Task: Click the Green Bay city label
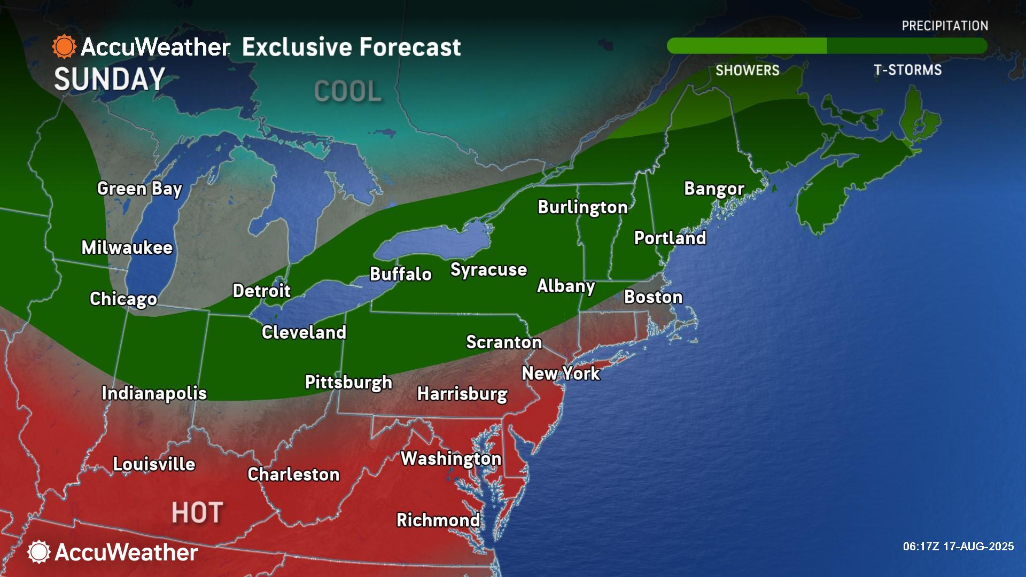pyautogui.click(x=139, y=189)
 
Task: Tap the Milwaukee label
pyautogui.click(x=127, y=247)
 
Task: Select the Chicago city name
pyautogui.click(x=123, y=299)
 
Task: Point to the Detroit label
pyautogui.click(x=261, y=291)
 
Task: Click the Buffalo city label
pyautogui.click(x=401, y=274)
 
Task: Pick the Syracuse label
pyautogui.click(x=488, y=269)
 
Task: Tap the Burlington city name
pyautogui.click(x=582, y=207)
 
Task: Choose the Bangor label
pyautogui.click(x=714, y=189)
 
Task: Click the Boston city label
pyautogui.click(x=653, y=297)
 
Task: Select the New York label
pyautogui.click(x=561, y=373)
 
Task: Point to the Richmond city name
pyautogui.click(x=438, y=520)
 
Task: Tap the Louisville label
pyautogui.click(x=154, y=464)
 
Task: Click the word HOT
pyautogui.click(x=197, y=513)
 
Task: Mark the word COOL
pyautogui.click(x=348, y=91)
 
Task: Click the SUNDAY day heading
pyautogui.click(x=110, y=80)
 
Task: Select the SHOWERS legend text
pyautogui.click(x=747, y=70)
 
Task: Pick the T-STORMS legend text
pyautogui.click(x=907, y=70)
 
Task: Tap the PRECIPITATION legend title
pyautogui.click(x=945, y=26)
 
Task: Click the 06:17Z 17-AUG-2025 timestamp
pyautogui.click(x=958, y=547)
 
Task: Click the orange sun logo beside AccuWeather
pyautogui.click(x=64, y=47)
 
